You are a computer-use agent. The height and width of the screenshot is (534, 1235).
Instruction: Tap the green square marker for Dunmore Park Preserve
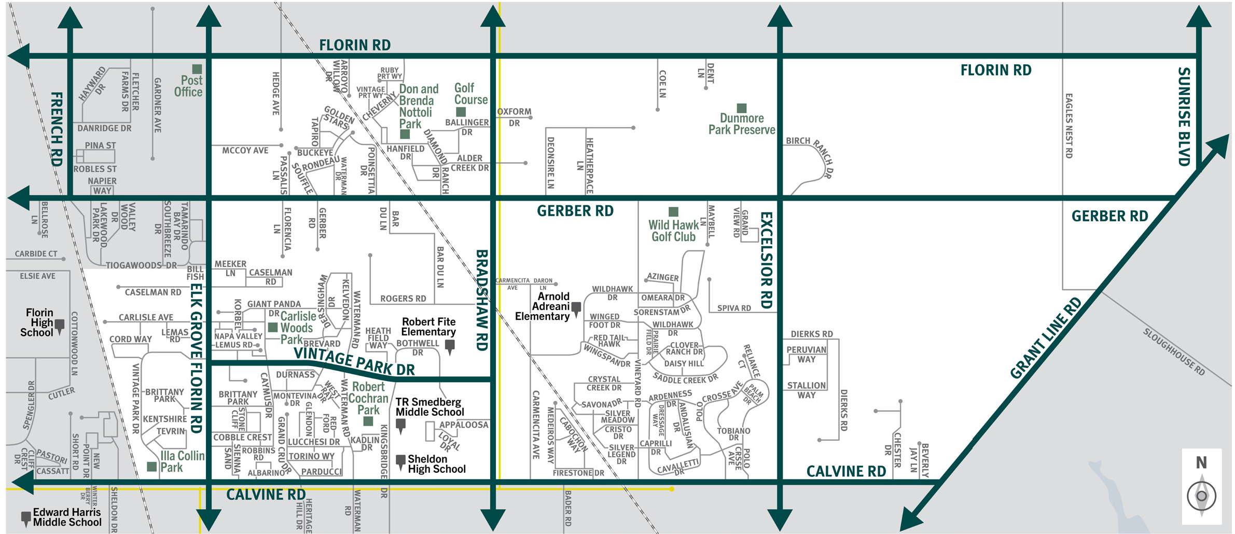tap(742, 108)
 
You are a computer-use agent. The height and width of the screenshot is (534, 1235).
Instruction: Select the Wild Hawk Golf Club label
tap(673, 231)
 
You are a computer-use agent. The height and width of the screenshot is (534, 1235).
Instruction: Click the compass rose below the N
tap(1201, 496)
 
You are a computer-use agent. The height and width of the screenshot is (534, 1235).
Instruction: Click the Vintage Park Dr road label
tap(354, 361)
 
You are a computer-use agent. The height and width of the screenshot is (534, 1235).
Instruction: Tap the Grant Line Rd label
tap(1046, 338)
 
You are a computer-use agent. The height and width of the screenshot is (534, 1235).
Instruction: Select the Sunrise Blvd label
tap(1184, 116)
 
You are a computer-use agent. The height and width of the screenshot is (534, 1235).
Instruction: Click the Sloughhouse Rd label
tap(1174, 352)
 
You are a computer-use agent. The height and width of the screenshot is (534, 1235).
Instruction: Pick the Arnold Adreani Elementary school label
tap(543, 306)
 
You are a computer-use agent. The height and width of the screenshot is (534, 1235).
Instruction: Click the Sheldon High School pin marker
tap(400, 461)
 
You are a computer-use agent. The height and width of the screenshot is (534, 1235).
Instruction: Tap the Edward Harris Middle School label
tap(67, 517)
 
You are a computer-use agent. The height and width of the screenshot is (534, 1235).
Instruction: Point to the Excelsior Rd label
tap(766, 260)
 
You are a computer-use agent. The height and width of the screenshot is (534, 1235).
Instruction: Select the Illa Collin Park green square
tap(151, 467)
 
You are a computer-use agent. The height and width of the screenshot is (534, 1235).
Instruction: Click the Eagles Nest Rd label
tap(1069, 125)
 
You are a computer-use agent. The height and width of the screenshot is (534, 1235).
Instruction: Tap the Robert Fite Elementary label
tap(428, 327)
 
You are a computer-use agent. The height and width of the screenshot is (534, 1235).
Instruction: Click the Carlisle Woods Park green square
tap(272, 327)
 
